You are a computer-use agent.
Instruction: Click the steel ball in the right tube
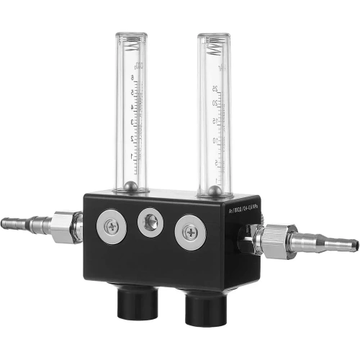[x=214, y=192]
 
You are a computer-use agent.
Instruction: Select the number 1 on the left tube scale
[x=131, y=154]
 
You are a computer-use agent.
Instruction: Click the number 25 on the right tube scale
[x=215, y=89]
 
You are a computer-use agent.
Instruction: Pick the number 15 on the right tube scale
[x=215, y=122]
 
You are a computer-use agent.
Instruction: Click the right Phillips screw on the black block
[x=189, y=233]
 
